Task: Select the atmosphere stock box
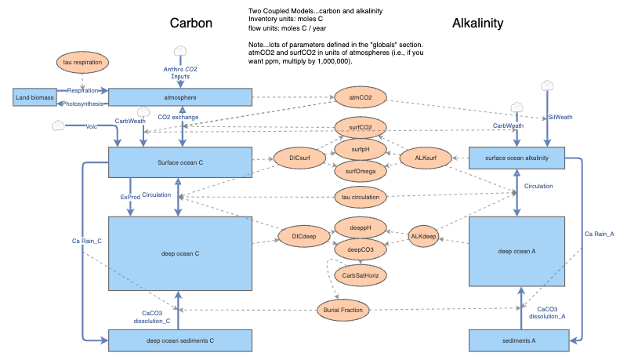tap(179, 97)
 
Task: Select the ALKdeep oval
tap(423, 236)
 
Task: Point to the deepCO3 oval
tap(360, 249)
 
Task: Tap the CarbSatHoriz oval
tap(360, 275)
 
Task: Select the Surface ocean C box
tap(179, 162)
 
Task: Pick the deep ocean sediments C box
tap(179, 340)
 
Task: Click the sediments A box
tap(517, 340)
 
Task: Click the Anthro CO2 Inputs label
tap(181, 72)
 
